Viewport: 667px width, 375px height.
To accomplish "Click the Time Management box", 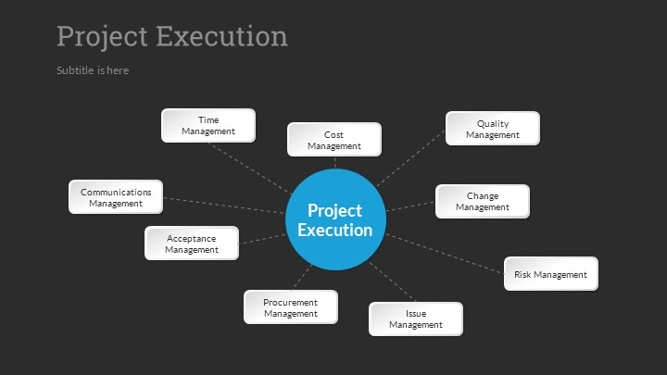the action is pyautogui.click(x=208, y=125).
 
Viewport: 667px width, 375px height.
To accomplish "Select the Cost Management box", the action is pyautogui.click(x=334, y=140).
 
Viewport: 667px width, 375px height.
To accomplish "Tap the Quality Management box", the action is pyautogui.click(x=493, y=129).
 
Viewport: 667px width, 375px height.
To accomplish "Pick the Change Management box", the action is pyautogui.click(x=483, y=202).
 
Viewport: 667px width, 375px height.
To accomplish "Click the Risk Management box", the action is pyautogui.click(x=551, y=274).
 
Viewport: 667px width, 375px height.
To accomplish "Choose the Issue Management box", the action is pyautogui.click(x=416, y=319).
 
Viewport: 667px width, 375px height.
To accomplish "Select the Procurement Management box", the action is pyautogui.click(x=291, y=307).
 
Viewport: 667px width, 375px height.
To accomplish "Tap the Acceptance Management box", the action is pyautogui.click(x=192, y=244).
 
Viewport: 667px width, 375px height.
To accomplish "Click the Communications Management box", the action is pyautogui.click(x=116, y=197).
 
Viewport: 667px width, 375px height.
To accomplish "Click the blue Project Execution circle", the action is pyautogui.click(x=335, y=219).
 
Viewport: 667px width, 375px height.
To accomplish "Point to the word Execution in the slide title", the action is pyautogui.click(x=222, y=36).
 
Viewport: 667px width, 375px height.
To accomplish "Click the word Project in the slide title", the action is pyautogui.click(x=102, y=37).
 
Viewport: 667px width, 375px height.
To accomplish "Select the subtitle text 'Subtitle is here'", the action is pyautogui.click(x=93, y=70).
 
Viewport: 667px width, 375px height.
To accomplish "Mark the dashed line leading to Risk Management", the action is pyautogui.click(x=445, y=254).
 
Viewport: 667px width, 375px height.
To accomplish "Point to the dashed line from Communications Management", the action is pyautogui.click(x=224, y=206).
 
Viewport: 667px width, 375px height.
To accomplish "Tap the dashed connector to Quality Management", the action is pyautogui.click(x=411, y=157).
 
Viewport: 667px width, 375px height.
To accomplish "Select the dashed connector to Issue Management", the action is pyautogui.click(x=392, y=281).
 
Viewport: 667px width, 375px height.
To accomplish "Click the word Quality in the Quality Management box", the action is pyautogui.click(x=493, y=124).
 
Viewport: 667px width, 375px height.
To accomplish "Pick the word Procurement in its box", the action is pyautogui.click(x=291, y=302).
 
